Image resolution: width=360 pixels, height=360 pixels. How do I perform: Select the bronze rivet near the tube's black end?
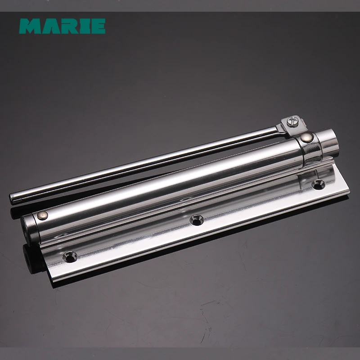(x=43, y=216)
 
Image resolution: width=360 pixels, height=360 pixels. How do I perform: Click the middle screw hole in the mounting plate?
(x=196, y=220)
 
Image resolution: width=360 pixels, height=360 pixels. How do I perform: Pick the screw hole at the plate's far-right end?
(x=319, y=183)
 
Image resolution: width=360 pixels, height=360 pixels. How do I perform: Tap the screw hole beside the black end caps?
(x=71, y=256)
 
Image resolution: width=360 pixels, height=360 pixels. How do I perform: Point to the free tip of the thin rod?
(x=14, y=198)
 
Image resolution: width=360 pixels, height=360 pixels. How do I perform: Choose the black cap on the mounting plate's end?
(x=31, y=259)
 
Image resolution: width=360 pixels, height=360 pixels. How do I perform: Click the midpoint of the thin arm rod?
(x=144, y=164)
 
